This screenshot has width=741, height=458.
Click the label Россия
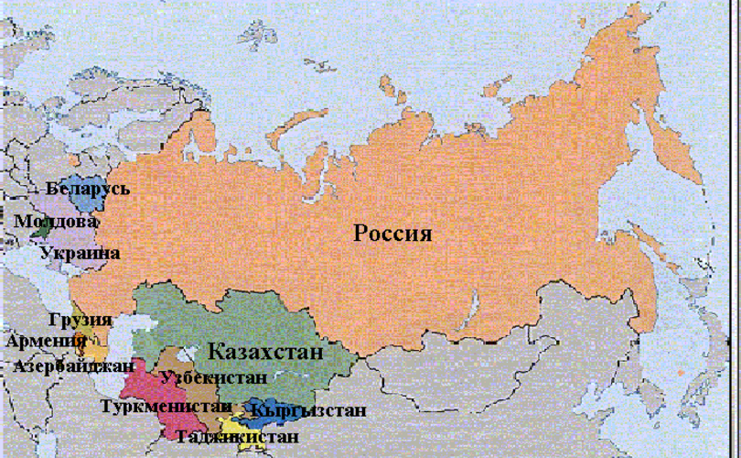pos(392,233)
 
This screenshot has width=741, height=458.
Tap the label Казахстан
pos(265,352)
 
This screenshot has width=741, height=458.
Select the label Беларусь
pos(87,189)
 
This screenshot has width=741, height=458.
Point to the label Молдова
pos(56,221)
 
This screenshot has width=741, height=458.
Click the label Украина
pos(86,252)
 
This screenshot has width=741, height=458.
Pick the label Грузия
pos(80,321)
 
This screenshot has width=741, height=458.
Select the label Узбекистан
pos(213,376)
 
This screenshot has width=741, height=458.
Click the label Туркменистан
pos(166,405)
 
